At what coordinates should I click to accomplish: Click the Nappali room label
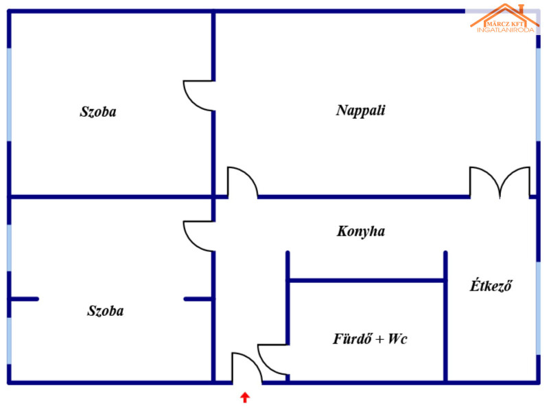[x=361, y=111]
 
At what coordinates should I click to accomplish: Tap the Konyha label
[x=361, y=231]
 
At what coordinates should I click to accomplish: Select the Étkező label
[x=491, y=286]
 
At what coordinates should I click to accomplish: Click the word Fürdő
[x=352, y=339]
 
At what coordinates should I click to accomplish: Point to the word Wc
[x=398, y=339]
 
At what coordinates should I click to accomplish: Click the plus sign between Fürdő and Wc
[x=380, y=339]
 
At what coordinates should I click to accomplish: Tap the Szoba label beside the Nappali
[x=98, y=112]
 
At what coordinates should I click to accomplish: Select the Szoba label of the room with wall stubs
[x=106, y=311]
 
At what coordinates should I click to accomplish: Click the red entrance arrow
[x=245, y=398]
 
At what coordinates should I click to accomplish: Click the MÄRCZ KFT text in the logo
[x=505, y=24]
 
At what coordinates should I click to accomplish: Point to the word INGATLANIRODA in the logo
[x=506, y=30]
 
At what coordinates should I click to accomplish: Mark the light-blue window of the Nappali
[x=539, y=95]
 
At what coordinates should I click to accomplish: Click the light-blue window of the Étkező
[x=539, y=308]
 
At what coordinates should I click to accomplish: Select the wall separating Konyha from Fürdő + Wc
[x=366, y=281]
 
